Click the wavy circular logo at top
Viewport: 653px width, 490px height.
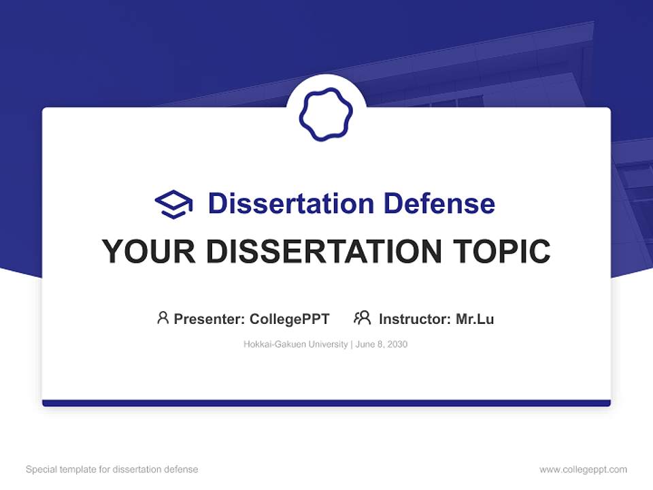[326, 114]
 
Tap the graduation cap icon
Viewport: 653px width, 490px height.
[173, 203]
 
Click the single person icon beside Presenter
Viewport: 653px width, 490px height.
[163, 318]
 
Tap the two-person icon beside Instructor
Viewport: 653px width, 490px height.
[362, 318]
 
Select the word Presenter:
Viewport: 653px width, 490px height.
[210, 318]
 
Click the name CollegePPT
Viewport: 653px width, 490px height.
[289, 318]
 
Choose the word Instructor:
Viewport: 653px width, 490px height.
[414, 318]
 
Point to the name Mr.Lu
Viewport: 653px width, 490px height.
[475, 318]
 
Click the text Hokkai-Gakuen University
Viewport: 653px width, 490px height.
[295, 344]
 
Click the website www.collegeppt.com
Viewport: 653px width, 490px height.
[583, 470]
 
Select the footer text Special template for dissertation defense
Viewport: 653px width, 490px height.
[112, 470]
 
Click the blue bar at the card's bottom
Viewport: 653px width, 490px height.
[326, 403]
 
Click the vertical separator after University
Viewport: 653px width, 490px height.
[351, 344]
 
